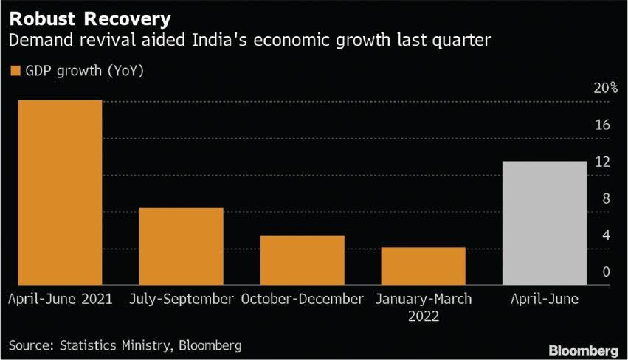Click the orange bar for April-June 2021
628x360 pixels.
click(x=60, y=193)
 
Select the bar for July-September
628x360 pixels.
click(x=181, y=246)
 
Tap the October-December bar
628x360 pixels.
click(x=302, y=260)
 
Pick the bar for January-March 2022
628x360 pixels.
click(x=423, y=266)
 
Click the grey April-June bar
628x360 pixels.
click(x=544, y=223)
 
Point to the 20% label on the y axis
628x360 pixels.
click(x=607, y=88)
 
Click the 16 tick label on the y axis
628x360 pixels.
click(x=602, y=125)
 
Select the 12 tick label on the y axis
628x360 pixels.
click(x=602, y=162)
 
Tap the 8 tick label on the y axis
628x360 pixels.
click(x=605, y=198)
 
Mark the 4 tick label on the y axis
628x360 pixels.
click(x=605, y=235)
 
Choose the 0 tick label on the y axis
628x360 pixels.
click(x=605, y=272)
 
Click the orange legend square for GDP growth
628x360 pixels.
click(x=14, y=71)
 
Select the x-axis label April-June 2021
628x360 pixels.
click(x=60, y=300)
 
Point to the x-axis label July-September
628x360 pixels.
click(x=181, y=300)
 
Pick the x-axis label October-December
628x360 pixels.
click(x=302, y=300)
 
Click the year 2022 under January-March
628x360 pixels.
click(x=423, y=316)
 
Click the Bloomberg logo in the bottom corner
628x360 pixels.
click(x=583, y=347)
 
